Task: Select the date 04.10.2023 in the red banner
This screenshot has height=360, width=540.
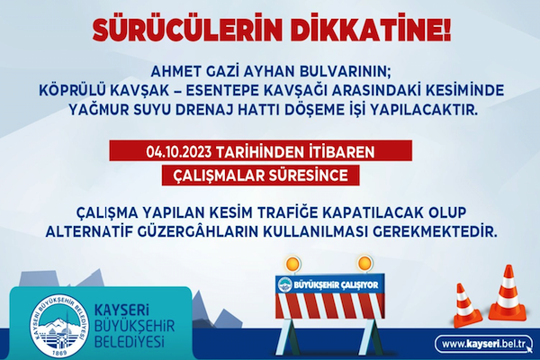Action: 180,151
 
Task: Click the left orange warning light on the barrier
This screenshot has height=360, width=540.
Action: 292,264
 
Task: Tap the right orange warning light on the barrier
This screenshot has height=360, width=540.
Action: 364,264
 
